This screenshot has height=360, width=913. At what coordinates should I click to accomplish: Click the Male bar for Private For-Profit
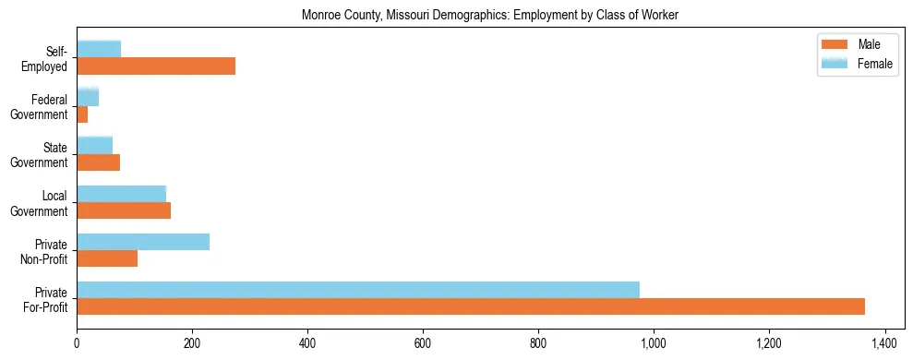point(471,306)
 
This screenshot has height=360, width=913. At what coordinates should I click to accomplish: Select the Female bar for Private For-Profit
point(358,290)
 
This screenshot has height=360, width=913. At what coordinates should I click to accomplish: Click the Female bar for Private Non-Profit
point(143,242)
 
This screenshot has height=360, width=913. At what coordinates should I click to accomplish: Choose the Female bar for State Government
point(94,146)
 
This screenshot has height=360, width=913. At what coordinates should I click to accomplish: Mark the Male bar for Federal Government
point(82,114)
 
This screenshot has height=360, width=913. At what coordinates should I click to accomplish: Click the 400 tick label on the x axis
point(307,344)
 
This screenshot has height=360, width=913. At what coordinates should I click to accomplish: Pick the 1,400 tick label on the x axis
point(884,344)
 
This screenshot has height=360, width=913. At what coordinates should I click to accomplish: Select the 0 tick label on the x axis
point(77,344)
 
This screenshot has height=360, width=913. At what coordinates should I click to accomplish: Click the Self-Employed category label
point(48,58)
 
